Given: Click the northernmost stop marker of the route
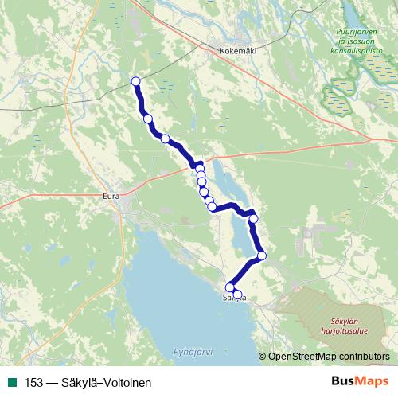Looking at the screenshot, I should click(x=135, y=81).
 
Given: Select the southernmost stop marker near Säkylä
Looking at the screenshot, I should click(x=237, y=295).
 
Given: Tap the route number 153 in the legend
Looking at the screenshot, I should click(x=34, y=383).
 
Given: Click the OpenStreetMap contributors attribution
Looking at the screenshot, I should click(x=329, y=357).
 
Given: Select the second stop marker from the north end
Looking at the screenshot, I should click(x=148, y=119).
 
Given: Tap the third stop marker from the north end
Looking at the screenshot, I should click(x=166, y=139).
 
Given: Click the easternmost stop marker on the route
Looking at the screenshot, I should click(x=262, y=256).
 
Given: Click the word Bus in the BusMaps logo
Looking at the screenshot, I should click(x=340, y=382).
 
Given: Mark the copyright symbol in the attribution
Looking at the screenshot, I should click(x=263, y=357).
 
